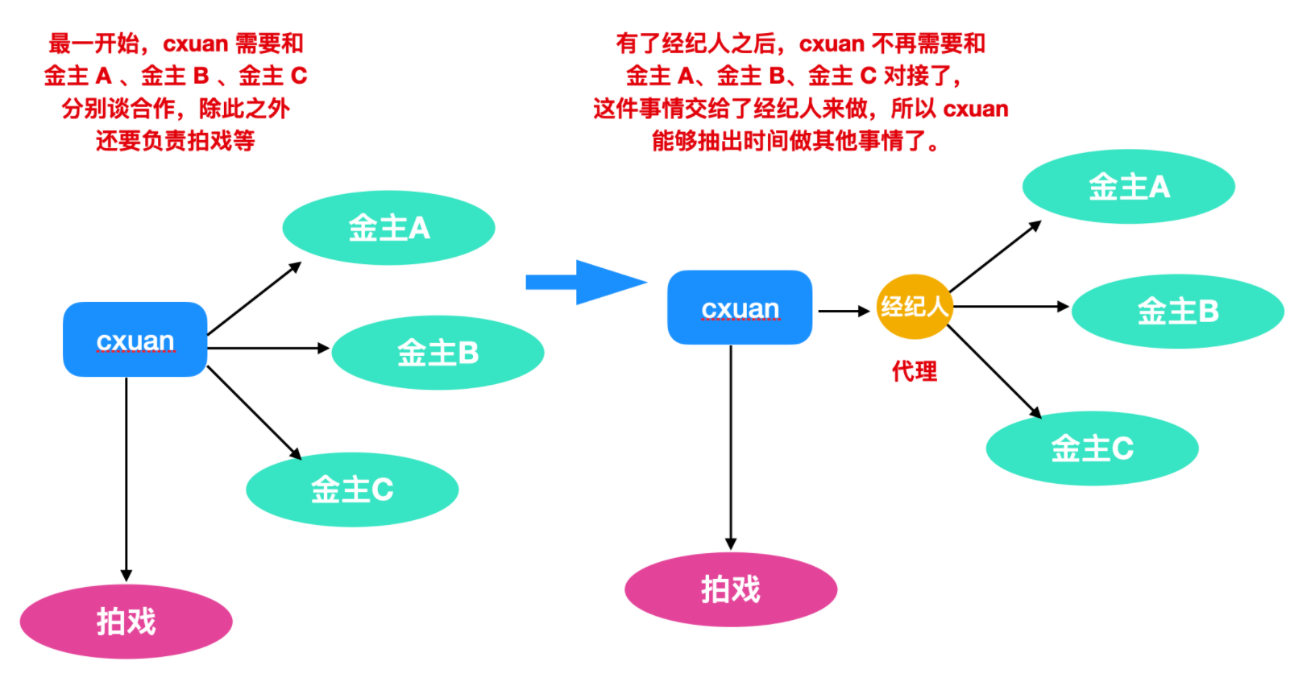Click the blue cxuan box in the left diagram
pos(135,340)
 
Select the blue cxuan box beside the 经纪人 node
pos(739,308)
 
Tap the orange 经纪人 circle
pos(914,307)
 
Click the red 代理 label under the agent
pos(914,371)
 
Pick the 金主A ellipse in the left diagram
pos(388,228)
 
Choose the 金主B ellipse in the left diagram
pos(438,353)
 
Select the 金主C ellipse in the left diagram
pos(352,490)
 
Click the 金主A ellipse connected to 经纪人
pos(1128,187)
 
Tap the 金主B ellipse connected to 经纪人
pos(1177,311)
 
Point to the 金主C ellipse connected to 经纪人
pos(1092,448)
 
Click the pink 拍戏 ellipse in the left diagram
pos(126,622)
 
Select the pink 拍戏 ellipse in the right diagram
pos(731,589)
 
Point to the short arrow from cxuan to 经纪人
pos(844,311)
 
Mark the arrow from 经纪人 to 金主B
pos(1011,307)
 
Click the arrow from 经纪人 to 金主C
pos(994,372)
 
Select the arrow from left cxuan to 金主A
pos(254,299)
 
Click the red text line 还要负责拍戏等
pos(175,141)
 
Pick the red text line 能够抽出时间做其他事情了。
pos(795,142)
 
